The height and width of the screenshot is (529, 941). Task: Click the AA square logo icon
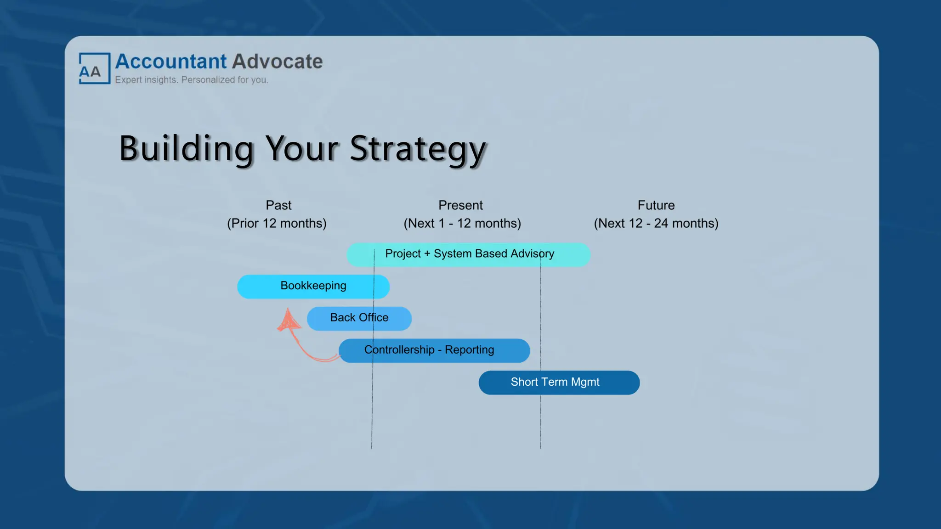click(x=94, y=68)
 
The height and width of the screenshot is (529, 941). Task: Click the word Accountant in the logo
click(x=171, y=62)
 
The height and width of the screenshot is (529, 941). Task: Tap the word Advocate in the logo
click(x=277, y=62)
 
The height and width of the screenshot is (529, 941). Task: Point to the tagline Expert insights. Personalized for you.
click(x=191, y=80)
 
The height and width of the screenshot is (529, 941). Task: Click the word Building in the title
click(x=186, y=148)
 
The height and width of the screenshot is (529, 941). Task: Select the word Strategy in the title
click(x=417, y=149)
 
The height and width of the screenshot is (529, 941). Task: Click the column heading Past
click(x=278, y=205)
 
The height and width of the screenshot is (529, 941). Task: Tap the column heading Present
click(x=460, y=205)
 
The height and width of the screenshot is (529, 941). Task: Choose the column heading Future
click(x=656, y=205)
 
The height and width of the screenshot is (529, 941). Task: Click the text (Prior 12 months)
click(x=277, y=224)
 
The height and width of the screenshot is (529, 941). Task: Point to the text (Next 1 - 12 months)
click(x=462, y=224)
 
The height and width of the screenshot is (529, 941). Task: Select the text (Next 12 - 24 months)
click(x=656, y=224)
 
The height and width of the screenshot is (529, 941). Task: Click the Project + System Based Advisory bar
click(x=468, y=254)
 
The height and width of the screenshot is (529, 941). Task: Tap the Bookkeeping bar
click(x=313, y=287)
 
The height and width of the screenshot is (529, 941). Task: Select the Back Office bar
click(x=359, y=318)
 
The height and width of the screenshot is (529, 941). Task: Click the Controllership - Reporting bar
click(x=434, y=350)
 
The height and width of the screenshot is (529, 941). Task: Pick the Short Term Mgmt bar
click(x=559, y=383)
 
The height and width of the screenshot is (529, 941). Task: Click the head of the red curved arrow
click(x=288, y=320)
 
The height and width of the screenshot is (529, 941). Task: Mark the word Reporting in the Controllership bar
click(x=469, y=350)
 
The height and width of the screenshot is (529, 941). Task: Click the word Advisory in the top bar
click(x=532, y=253)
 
